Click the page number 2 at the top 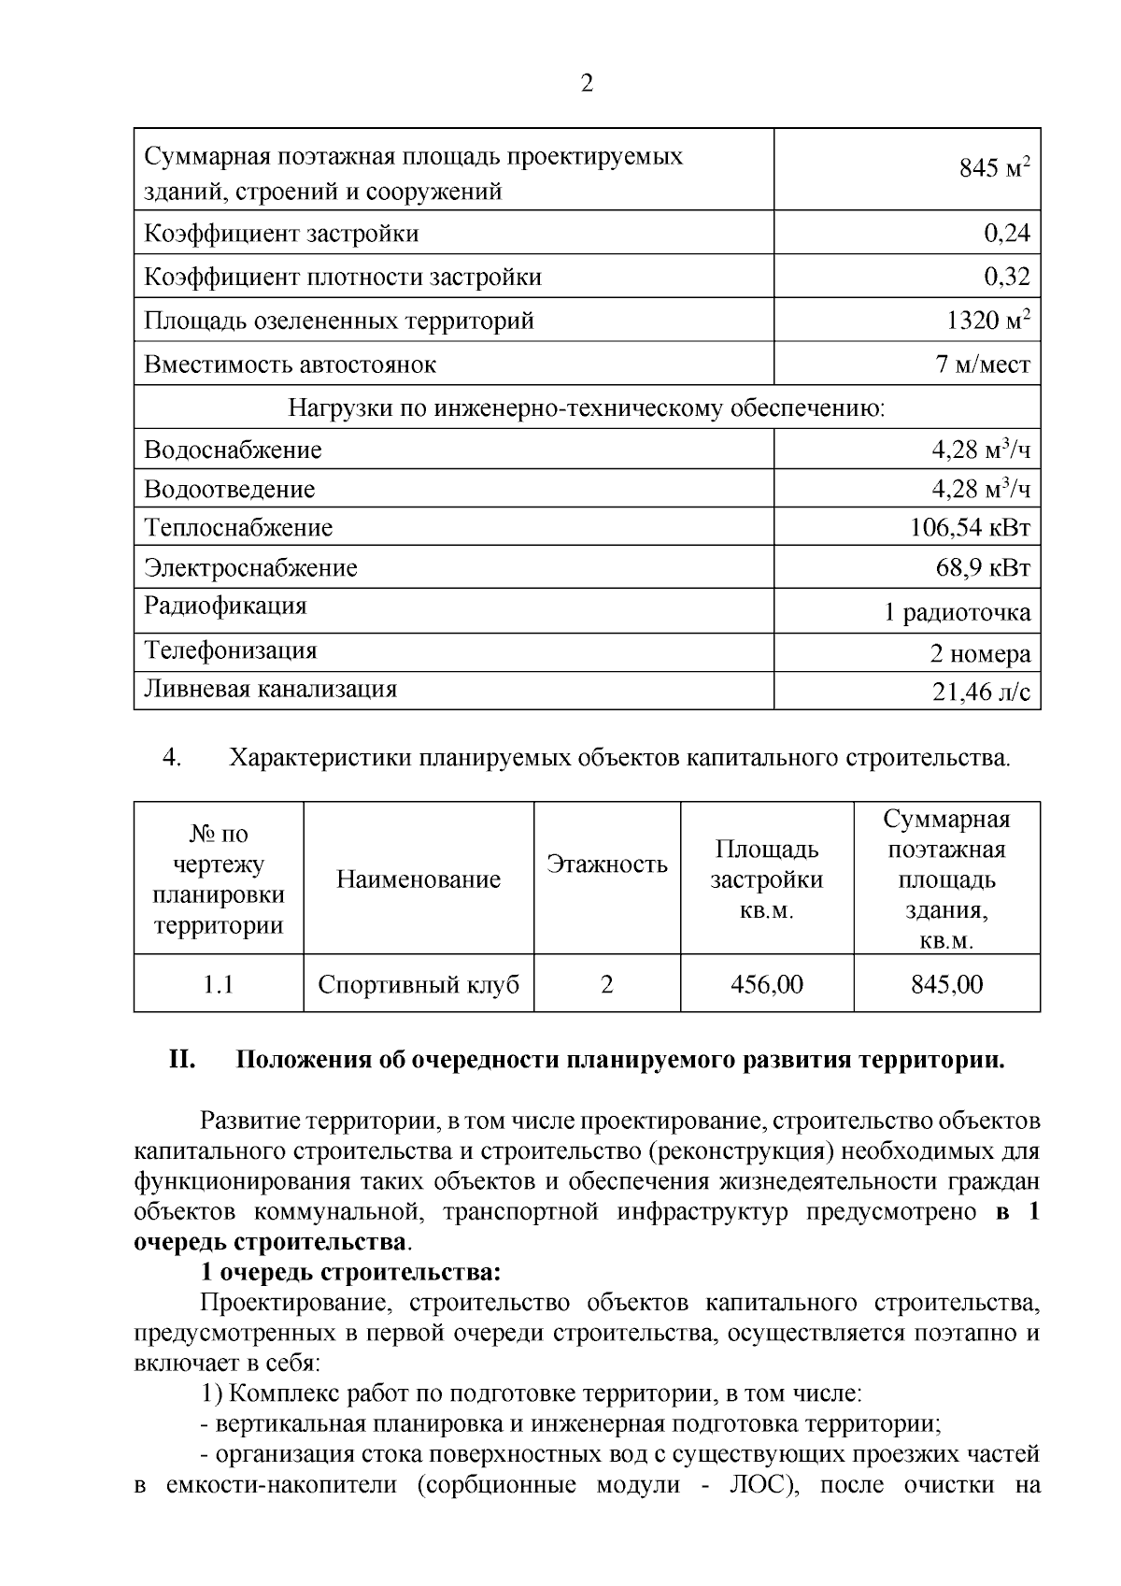586,84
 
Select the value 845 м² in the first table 994,169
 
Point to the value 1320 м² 987,321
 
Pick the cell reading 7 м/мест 983,364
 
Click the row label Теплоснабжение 238,528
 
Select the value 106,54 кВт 970,528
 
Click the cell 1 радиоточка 957,613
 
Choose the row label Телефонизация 231,650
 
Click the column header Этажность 607,864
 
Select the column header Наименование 419,879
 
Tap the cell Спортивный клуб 419,985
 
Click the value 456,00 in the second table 766,985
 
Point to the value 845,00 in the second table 946,985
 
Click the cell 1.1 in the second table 219,985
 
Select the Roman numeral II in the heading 181,1062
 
